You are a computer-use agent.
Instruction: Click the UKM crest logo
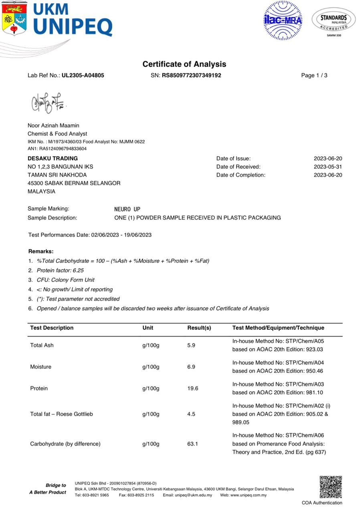pyautogui.click(x=14, y=18)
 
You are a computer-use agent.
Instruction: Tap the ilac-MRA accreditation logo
pyautogui.click(x=283, y=20)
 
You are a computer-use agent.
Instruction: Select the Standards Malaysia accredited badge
pyautogui.click(x=334, y=21)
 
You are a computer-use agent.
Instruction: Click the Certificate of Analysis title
pyautogui.click(x=184, y=64)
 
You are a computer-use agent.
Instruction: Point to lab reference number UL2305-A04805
pyautogui.click(x=83, y=75)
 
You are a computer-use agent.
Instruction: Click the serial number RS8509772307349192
pyautogui.click(x=191, y=75)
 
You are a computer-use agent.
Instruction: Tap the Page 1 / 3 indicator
pyautogui.click(x=314, y=75)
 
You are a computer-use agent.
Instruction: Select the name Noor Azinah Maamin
pyautogui.click(x=53, y=125)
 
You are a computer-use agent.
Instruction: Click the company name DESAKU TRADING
pyautogui.click(x=53, y=158)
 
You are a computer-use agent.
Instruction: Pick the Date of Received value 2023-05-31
pyautogui.click(x=328, y=167)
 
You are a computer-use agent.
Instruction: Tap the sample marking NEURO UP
pyautogui.click(x=127, y=209)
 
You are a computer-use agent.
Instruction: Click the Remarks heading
pyautogui.click(x=41, y=251)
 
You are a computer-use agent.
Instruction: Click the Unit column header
pyautogui.click(x=148, y=328)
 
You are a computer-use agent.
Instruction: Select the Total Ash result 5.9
pyautogui.click(x=191, y=345)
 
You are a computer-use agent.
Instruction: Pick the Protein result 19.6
pyautogui.click(x=193, y=388)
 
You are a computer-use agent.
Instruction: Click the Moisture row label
pyautogui.click(x=41, y=367)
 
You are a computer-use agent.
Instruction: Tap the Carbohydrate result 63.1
pyautogui.click(x=193, y=444)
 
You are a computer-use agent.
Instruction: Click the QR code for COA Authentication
pyautogui.click(x=330, y=487)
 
